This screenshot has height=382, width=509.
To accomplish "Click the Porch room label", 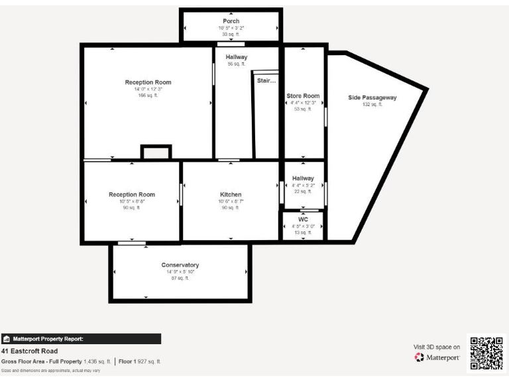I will [x=231, y=21].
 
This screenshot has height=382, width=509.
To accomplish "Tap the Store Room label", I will [x=303, y=96].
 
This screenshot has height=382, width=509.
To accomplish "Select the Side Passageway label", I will [x=372, y=97].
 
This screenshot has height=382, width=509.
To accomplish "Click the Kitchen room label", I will [x=231, y=194].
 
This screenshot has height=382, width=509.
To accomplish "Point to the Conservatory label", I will [x=180, y=265].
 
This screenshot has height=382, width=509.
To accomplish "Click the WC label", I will [x=303, y=219].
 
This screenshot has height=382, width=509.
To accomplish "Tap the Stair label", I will [x=266, y=81].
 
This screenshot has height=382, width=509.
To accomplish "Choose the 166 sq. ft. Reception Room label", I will [x=148, y=82].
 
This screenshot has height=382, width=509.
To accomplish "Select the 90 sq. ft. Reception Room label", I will [x=132, y=194].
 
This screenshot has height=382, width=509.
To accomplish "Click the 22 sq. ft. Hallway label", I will [x=303, y=178].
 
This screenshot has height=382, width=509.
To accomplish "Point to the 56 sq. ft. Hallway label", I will [x=236, y=57].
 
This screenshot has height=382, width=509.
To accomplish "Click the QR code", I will [x=487, y=353].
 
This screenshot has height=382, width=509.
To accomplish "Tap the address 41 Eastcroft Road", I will [x=29, y=351].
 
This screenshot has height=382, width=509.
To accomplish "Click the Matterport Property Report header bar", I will [x=81, y=339].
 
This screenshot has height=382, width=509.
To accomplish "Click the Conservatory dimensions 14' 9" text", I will [x=180, y=272].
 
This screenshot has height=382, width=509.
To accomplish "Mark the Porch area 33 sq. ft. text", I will [x=231, y=34].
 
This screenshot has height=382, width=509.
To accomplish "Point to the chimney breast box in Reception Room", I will [x=156, y=152].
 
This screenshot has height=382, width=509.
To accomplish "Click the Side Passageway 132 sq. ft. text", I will [x=372, y=105].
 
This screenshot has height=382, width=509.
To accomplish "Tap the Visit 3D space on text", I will [x=437, y=347].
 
